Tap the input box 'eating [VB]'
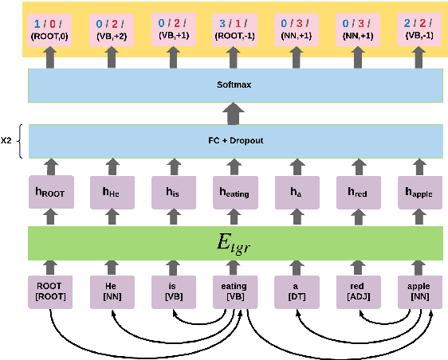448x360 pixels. pos(234,292)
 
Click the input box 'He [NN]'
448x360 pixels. pos(112,292)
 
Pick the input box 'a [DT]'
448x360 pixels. pos(296,292)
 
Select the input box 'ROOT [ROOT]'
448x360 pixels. pos(51,292)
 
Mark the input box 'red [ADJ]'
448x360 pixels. pos(357,292)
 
